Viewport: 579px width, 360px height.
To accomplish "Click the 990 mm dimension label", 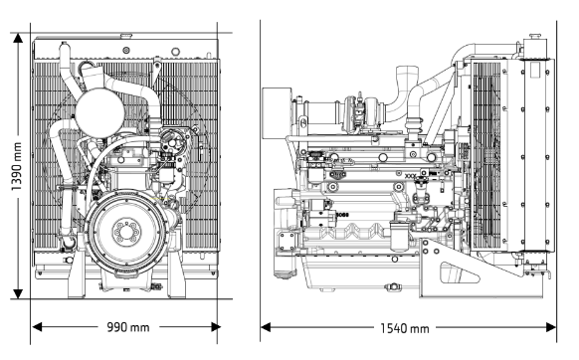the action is click(128, 327).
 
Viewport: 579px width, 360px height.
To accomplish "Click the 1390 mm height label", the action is click(16, 166).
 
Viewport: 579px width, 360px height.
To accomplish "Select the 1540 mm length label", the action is click(405, 328).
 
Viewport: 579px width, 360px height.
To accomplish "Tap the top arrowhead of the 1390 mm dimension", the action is click(18, 38).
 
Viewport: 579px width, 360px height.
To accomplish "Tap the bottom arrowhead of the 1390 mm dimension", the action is click(18, 294).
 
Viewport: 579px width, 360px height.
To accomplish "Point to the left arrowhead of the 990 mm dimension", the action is click(37, 327).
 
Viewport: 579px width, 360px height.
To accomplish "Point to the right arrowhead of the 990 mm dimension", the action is click(216, 327).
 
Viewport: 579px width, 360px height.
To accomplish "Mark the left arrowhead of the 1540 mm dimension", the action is click(266, 327).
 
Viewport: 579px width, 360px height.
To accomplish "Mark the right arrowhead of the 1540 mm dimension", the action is click(551, 327).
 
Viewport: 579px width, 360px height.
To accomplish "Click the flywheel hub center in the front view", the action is click(126, 232).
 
